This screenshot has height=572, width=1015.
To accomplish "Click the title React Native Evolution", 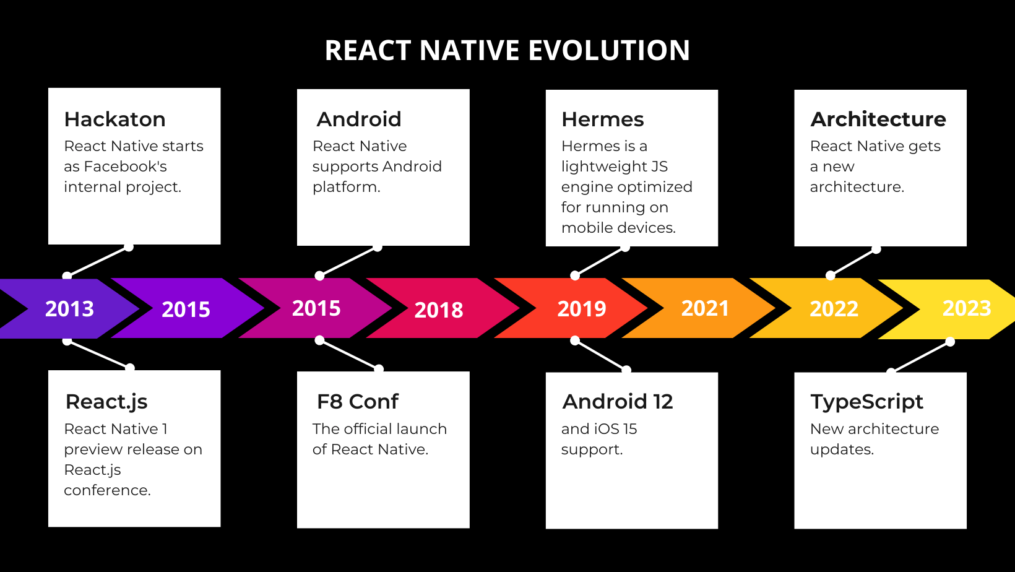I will [x=507, y=51].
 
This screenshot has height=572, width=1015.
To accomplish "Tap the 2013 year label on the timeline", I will [x=69, y=309].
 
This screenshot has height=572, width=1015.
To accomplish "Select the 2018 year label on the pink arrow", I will [x=438, y=310].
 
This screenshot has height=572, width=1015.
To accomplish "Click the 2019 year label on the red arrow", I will [x=581, y=309].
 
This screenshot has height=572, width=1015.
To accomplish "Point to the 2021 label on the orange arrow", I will [x=705, y=308].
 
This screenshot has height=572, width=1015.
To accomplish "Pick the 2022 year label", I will [x=834, y=309].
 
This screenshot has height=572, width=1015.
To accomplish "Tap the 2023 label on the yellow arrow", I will [x=966, y=308].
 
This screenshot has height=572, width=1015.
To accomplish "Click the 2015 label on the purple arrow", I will [x=186, y=310].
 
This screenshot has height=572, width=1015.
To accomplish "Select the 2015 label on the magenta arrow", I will [x=316, y=308].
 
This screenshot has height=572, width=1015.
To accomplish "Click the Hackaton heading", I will [x=115, y=119].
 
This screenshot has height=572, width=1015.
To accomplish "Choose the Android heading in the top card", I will [x=359, y=119].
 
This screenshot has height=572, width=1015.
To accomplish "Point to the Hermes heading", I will [x=602, y=119].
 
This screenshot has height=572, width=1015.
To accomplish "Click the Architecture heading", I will [x=878, y=119].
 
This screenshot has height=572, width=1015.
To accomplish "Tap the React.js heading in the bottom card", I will [x=106, y=402].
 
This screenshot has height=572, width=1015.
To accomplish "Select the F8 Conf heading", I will [x=358, y=402].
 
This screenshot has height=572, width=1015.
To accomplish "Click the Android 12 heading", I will [x=617, y=402].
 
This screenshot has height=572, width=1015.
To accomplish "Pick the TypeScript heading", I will [x=866, y=402].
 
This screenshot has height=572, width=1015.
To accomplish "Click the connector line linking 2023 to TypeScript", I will [x=921, y=357].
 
